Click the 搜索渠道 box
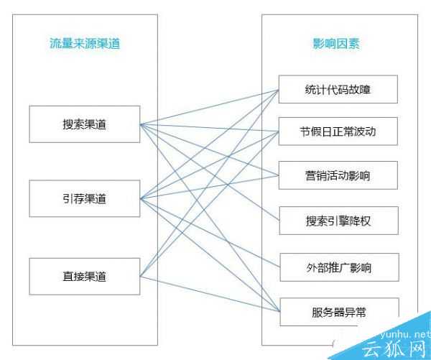click(x=85, y=124)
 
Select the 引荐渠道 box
click(x=85, y=199)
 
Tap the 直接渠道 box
click(x=85, y=275)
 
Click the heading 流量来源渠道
click(x=85, y=44)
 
